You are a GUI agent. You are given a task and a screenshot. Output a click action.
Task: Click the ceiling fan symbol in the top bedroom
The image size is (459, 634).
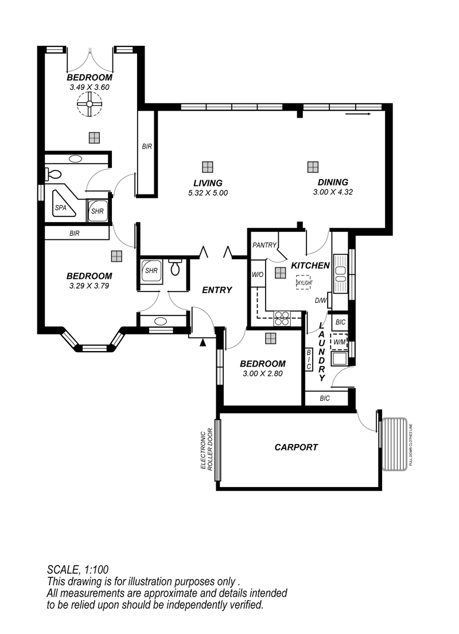(89, 104)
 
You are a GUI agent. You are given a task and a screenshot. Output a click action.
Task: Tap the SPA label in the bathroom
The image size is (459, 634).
(61, 208)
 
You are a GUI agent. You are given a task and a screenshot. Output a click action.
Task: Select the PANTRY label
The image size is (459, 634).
(264, 245)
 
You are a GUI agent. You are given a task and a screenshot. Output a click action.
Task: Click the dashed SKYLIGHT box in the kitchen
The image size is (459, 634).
(304, 282)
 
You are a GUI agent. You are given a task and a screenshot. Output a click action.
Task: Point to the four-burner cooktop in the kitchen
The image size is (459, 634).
(282, 318)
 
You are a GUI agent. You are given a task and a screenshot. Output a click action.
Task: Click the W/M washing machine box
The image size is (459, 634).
(339, 342)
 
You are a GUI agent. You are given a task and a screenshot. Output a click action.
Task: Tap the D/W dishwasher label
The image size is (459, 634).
(320, 301)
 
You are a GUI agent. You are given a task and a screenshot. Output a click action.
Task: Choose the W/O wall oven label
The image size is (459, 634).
(258, 275)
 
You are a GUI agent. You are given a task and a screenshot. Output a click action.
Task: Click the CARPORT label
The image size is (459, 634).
(296, 447)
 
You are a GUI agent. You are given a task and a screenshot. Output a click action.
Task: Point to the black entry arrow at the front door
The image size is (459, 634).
(203, 343)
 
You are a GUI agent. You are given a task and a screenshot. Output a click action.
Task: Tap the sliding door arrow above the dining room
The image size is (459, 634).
(358, 114)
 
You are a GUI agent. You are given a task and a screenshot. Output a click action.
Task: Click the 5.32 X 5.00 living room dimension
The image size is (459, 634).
(208, 193)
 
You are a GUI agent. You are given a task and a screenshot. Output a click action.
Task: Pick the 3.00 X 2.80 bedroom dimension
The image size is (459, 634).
(262, 374)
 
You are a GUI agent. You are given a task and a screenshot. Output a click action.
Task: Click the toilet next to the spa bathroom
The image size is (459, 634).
(53, 174)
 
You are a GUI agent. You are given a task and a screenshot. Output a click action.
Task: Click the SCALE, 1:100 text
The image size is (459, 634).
(77, 570)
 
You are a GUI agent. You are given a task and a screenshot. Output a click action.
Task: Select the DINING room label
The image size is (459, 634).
(333, 182)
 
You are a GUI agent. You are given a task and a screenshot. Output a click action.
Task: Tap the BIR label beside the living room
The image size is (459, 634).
(147, 146)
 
